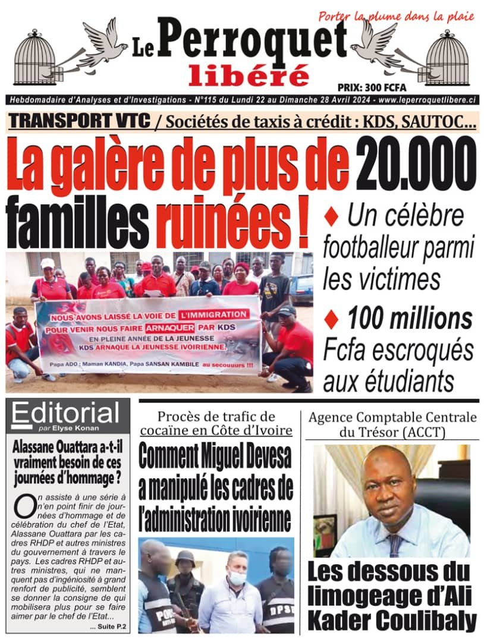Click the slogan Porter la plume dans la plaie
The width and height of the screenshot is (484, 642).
point(396,16)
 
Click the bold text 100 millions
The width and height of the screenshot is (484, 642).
point(410,320)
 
